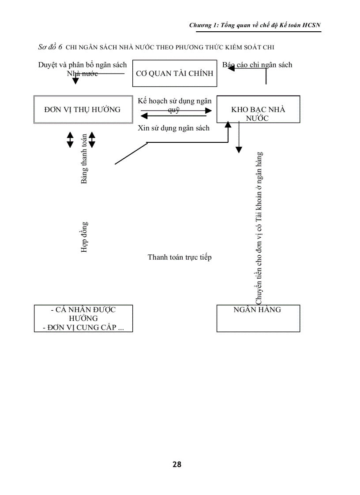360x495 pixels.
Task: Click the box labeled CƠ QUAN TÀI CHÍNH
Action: point(175,73)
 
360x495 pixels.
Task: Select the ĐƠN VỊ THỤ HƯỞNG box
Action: point(82,109)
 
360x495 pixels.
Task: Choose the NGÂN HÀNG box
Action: point(258,317)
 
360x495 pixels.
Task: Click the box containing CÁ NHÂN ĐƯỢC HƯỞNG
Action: point(83,314)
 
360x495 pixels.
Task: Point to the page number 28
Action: point(177,464)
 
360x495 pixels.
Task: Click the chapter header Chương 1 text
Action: point(255,26)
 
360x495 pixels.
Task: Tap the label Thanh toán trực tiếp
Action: point(180,257)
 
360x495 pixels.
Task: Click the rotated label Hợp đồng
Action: point(84,237)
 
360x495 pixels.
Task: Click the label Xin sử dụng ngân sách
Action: point(173,128)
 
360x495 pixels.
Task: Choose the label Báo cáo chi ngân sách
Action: point(257,65)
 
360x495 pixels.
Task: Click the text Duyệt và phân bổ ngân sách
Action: point(82,65)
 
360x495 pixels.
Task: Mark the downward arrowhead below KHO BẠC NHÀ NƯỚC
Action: point(239,150)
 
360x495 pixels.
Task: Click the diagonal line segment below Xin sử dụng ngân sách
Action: point(131,153)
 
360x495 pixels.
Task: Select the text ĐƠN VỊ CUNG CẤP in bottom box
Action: point(83,328)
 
